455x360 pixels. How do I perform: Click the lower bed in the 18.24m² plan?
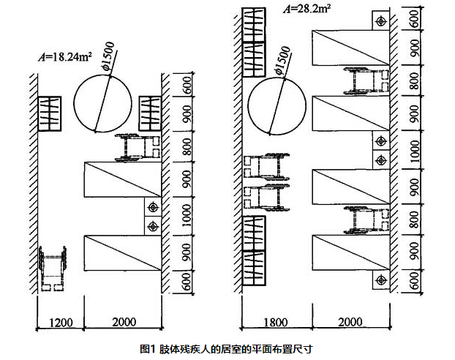[x=121, y=253]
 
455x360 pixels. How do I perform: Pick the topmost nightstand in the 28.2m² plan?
[x=380, y=20]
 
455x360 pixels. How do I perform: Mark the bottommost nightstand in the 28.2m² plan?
[x=380, y=280]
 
